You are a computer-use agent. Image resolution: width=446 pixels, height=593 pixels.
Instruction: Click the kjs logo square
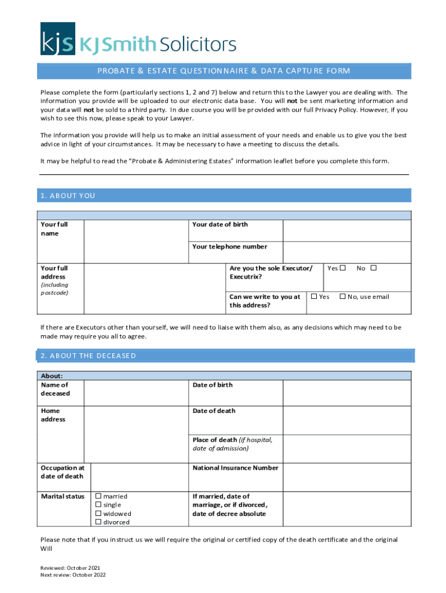57,39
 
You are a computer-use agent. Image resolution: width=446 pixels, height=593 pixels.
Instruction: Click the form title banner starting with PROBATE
224,71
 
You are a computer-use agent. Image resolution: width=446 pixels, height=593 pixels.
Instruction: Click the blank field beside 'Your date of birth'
346,230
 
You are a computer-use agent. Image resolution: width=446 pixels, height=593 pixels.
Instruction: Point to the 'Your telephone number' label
229,247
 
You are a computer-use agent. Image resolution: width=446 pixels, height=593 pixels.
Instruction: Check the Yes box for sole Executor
343,268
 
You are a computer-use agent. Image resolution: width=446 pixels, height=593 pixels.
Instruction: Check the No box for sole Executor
374,268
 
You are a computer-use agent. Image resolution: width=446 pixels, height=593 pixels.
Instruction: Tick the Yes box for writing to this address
314,296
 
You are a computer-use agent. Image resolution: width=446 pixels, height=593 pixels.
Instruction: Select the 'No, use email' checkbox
342,296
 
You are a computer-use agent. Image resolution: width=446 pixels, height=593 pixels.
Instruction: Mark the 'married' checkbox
98,496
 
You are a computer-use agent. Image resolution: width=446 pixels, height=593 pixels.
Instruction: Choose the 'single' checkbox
98,505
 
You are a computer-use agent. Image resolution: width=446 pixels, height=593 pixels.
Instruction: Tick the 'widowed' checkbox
98,514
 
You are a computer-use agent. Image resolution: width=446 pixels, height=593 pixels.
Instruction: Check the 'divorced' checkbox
98,522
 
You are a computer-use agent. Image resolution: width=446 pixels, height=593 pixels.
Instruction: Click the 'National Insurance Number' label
235,468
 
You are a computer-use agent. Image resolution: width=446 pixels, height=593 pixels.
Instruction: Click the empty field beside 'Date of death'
346,419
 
